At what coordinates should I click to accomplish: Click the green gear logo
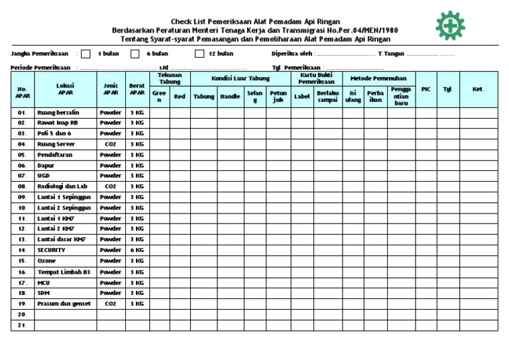click(x=451, y=26)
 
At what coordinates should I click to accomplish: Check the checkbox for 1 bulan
click(x=85, y=54)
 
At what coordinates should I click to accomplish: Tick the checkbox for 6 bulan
click(x=135, y=54)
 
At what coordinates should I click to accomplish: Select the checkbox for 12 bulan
click(x=199, y=54)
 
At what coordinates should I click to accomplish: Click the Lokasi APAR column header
click(x=66, y=89)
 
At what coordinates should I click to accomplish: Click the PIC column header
click(x=426, y=89)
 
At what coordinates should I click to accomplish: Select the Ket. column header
click(x=478, y=89)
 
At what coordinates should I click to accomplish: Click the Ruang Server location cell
click(x=57, y=144)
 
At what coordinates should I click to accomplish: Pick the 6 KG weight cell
click(x=137, y=251)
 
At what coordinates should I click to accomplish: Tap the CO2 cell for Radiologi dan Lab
click(x=110, y=187)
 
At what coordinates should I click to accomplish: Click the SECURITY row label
click(x=51, y=251)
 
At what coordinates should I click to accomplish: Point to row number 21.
click(x=23, y=325)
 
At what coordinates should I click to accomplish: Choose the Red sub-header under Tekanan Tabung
click(x=179, y=97)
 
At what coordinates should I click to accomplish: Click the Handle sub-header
click(x=230, y=97)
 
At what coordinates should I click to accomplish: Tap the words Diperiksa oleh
click(x=292, y=54)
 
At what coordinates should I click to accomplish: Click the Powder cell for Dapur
click(x=110, y=166)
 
